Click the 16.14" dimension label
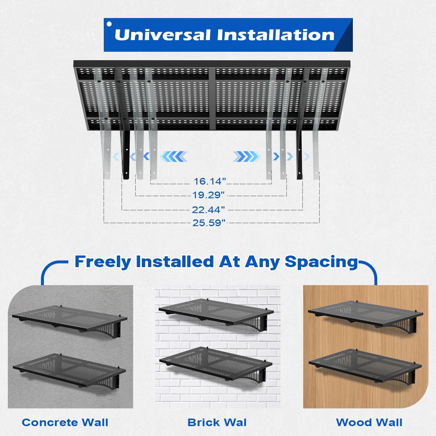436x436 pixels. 210,181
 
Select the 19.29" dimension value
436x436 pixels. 208,195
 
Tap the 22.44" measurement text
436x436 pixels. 208,210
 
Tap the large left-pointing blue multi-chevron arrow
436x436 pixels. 174,156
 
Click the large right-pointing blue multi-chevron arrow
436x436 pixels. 246,156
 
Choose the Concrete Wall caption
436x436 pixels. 65,422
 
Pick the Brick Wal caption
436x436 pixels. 217,422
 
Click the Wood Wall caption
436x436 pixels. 369,422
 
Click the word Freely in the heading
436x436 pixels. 103,262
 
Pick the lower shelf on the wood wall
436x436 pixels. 365,363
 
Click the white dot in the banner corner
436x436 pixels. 109,24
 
